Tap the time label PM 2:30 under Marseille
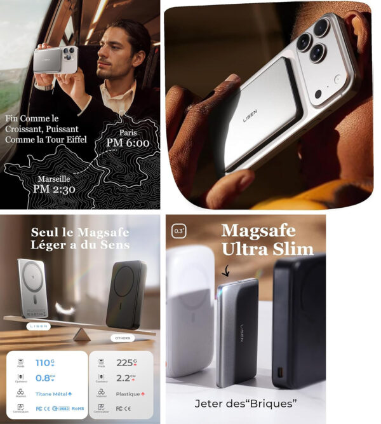coord(55,189)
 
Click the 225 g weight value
coord(124,362)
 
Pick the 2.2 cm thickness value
coord(124,378)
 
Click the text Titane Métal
coord(51,394)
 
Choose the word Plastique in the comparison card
coord(129,394)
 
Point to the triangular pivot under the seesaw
coord(80,334)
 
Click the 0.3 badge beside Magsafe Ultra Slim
coord(180,231)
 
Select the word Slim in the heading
coord(291,249)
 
